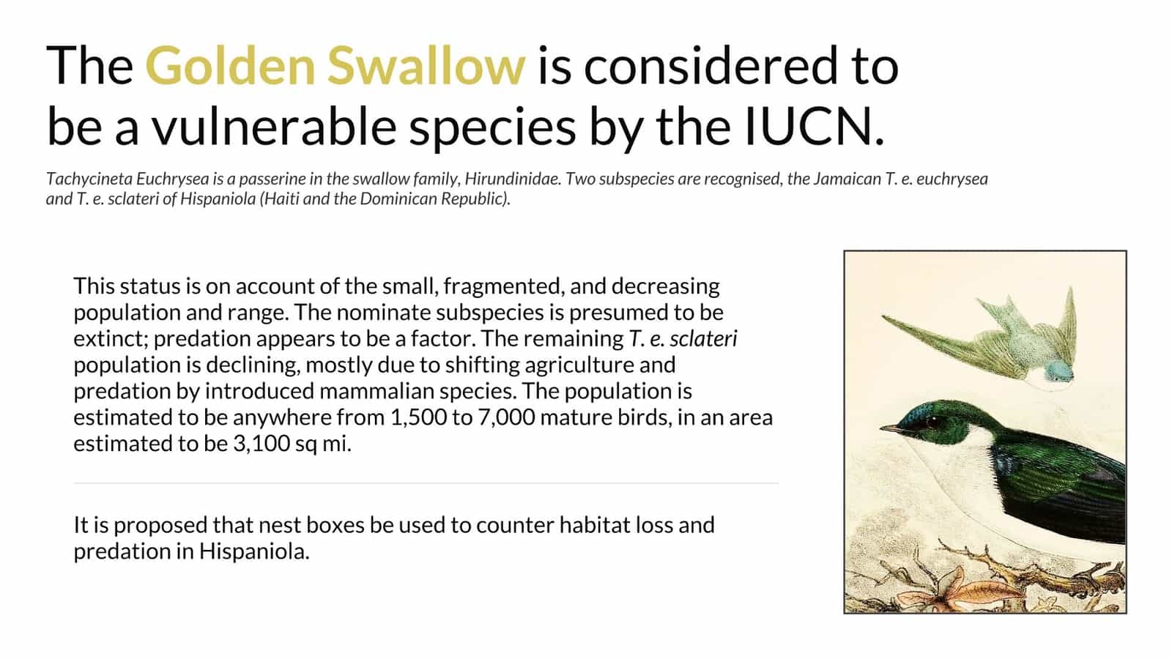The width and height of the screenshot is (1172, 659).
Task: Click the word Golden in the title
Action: [230, 66]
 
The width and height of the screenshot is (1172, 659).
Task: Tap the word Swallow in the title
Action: [426, 66]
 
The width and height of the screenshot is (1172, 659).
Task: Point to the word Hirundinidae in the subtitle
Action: [513, 179]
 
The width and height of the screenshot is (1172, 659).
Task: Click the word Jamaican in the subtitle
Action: [847, 179]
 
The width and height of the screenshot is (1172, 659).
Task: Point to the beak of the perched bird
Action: [890, 429]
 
